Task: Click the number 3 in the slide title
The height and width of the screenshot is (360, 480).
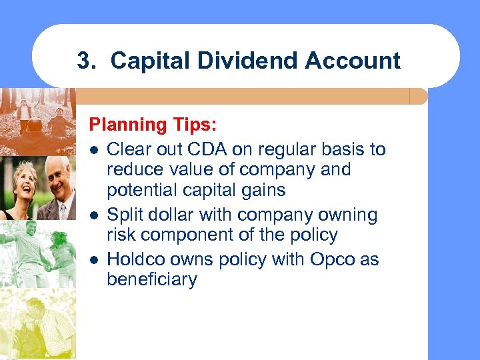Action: (83, 61)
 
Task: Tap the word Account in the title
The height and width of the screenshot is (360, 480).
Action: (353, 61)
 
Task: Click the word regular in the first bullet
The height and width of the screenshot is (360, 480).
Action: (270, 149)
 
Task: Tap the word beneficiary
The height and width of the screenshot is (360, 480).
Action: (151, 279)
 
